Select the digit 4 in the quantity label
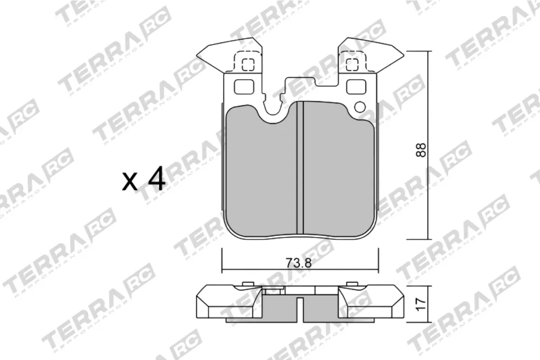156,180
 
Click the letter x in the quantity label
130,182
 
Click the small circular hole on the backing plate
360,107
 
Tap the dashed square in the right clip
351,65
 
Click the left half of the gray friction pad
261,175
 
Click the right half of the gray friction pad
337,175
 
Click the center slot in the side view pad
300,310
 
